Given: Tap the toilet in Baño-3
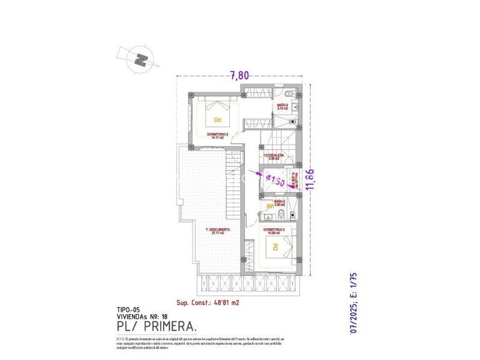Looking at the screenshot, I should click(281, 216).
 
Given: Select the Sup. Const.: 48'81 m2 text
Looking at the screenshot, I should click(209, 302).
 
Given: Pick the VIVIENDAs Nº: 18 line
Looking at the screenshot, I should click(142, 316).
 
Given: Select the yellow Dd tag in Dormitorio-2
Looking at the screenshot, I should click(217, 119).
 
